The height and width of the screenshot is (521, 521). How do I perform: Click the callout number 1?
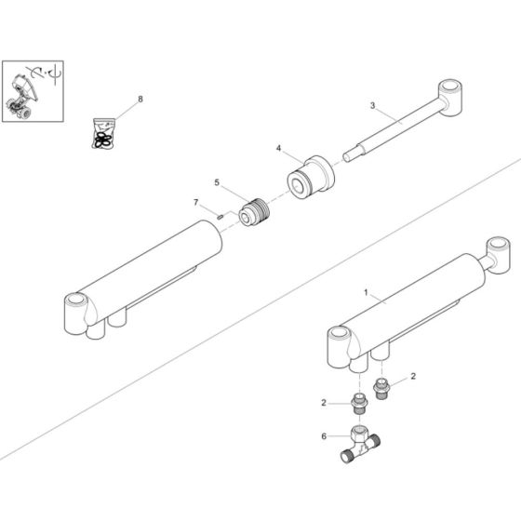367,291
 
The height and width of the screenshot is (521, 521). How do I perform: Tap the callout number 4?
277,148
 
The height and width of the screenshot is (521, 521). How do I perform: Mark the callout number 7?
196,203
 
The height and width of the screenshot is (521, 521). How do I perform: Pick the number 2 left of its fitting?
323,404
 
